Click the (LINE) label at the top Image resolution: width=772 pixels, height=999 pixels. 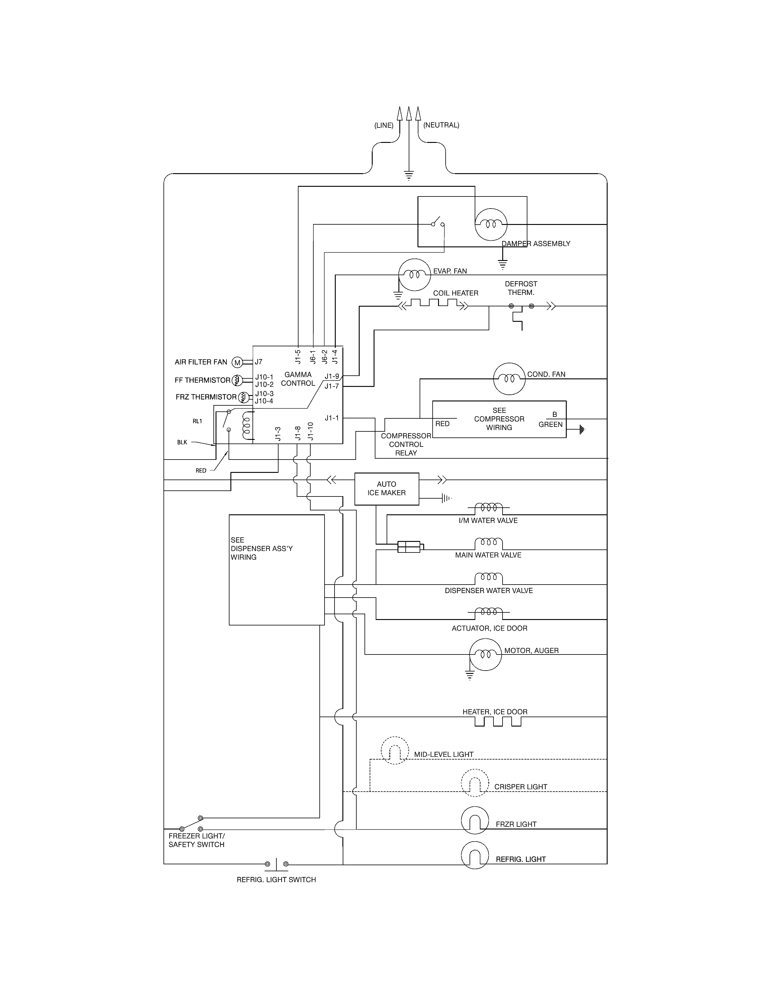tap(383, 125)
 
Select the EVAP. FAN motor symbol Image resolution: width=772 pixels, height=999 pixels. tap(414, 275)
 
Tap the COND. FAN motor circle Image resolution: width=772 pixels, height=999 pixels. tap(509, 379)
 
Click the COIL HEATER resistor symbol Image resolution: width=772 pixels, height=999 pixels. tap(434, 304)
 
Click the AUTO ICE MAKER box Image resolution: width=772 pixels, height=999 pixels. tap(387, 489)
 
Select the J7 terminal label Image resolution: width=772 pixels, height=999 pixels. tap(259, 362)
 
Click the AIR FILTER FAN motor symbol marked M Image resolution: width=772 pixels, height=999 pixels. tap(237, 362)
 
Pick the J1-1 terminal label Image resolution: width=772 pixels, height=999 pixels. tap(332, 418)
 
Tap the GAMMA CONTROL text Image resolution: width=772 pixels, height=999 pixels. tap(298, 379)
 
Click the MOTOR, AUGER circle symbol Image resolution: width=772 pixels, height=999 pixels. tap(485, 654)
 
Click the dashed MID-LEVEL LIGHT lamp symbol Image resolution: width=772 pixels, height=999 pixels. tap(394, 751)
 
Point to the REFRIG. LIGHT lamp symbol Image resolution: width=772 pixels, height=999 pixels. tap(475, 855)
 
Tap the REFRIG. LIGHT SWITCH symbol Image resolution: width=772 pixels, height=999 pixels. tap(276, 864)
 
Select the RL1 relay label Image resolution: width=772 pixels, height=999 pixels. tap(197, 421)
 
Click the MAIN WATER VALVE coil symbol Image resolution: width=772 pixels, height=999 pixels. tap(488, 544)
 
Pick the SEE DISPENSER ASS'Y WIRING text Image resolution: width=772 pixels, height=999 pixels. tap(262, 549)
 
